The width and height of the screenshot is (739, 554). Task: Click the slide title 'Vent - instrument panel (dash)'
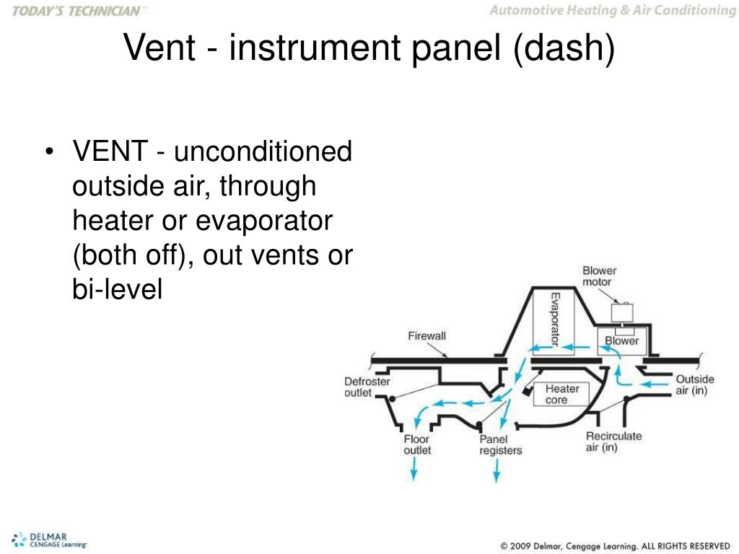(x=369, y=48)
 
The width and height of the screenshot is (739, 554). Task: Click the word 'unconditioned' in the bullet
(x=263, y=153)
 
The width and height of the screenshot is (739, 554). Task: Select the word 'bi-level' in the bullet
(x=118, y=289)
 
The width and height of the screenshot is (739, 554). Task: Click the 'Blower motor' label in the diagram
(x=599, y=276)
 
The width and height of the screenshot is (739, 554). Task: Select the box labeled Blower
(x=621, y=340)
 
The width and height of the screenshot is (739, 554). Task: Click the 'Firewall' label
(x=427, y=336)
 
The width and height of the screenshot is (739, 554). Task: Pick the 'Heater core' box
(x=561, y=394)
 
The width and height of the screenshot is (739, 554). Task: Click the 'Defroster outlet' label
(x=367, y=387)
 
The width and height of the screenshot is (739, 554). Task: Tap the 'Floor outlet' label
(x=416, y=444)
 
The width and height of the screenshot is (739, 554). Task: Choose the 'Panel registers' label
(x=500, y=444)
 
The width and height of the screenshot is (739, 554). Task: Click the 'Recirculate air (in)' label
(x=613, y=441)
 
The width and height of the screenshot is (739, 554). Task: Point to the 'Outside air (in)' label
(x=694, y=384)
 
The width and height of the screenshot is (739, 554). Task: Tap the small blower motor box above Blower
(x=621, y=312)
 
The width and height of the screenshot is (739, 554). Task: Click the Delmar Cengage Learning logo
(x=49, y=540)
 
